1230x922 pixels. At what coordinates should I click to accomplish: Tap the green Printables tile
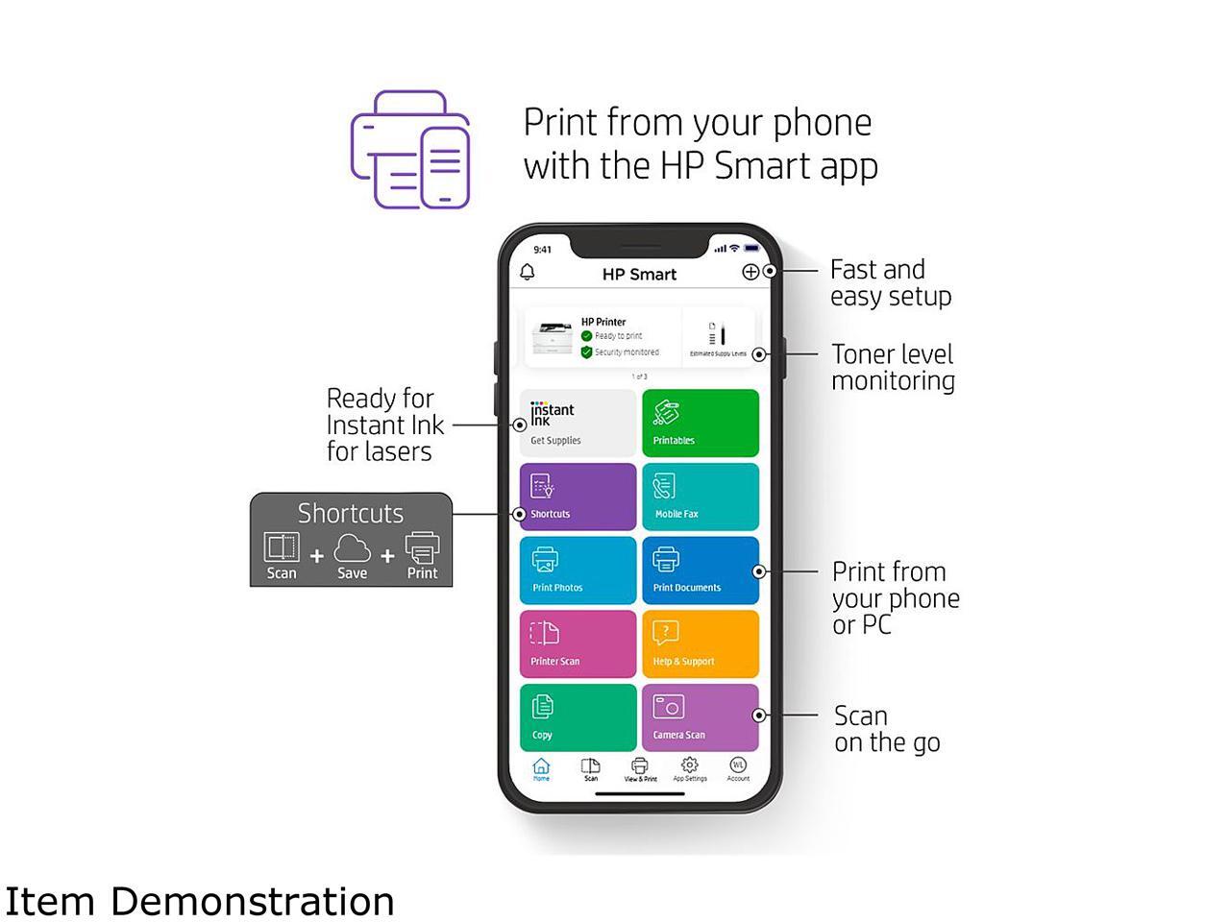700,423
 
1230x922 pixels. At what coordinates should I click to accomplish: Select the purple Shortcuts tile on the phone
578,497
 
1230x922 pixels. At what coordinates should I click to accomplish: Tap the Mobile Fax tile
700,497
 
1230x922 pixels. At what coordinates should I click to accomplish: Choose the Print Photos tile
578,570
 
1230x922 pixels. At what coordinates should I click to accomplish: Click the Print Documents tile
700,570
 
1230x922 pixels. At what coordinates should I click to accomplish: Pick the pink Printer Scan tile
578,643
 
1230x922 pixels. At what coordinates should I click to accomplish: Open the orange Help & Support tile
700,643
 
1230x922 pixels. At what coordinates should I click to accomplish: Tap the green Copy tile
578,717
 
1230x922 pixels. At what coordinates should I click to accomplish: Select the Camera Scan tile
700,717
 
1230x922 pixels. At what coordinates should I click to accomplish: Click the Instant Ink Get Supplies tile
578,423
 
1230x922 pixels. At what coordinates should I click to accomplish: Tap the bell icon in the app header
528,273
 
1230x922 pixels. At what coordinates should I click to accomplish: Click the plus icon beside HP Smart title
750,272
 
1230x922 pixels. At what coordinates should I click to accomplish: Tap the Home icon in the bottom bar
541,767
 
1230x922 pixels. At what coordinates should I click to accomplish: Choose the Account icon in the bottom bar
737,767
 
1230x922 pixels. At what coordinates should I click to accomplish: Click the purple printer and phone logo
411,150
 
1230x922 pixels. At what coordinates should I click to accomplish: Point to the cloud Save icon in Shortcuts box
352,551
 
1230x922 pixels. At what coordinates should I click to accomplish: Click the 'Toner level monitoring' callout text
893,368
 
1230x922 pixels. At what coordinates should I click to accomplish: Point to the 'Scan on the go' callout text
886,729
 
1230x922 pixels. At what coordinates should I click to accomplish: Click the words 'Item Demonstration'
200,902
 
